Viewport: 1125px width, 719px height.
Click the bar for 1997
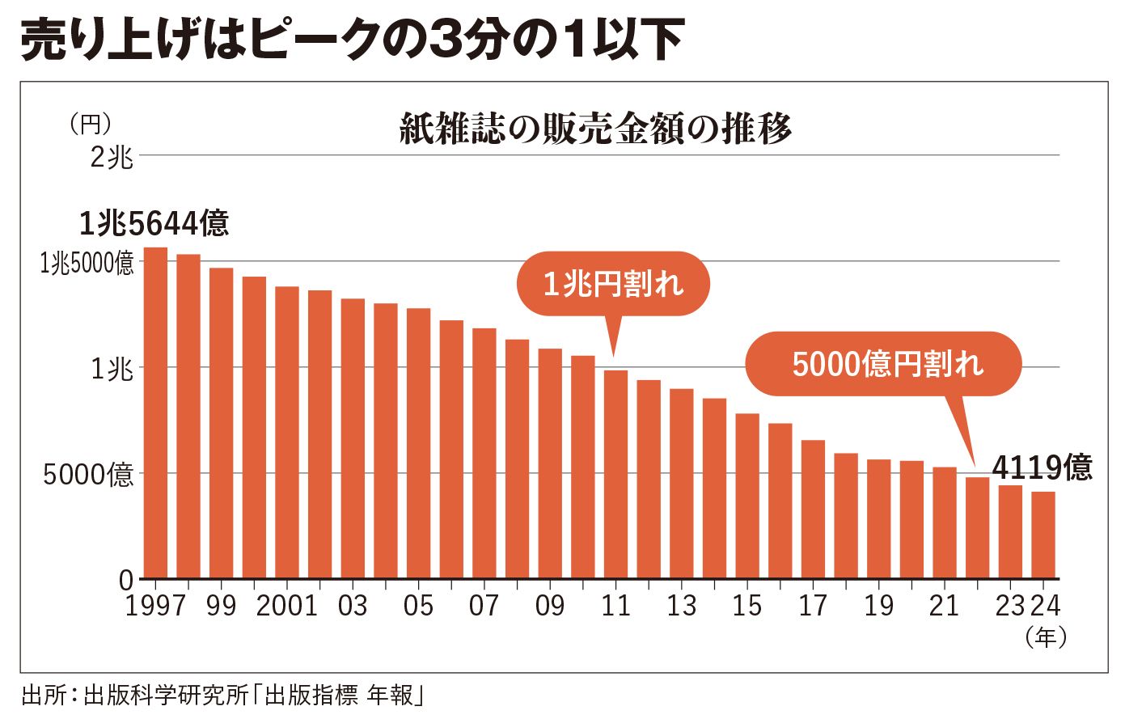[155, 412]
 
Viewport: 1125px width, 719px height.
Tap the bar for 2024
[1043, 535]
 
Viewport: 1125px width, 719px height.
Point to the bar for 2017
[813, 510]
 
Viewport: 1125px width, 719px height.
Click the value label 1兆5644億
[154, 223]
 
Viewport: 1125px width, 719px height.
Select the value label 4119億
[1041, 467]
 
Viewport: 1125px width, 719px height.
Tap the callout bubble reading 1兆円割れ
[612, 284]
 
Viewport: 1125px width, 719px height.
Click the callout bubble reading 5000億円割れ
[886, 364]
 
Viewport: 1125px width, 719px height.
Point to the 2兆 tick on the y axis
[112, 156]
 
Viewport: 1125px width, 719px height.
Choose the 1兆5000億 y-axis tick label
[87, 263]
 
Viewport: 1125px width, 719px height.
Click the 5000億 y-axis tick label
[88, 474]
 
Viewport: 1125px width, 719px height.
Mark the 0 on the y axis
[125, 579]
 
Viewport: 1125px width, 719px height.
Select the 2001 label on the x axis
[286, 606]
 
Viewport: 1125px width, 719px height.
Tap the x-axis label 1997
[155, 606]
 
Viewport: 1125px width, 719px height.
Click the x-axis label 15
[746, 606]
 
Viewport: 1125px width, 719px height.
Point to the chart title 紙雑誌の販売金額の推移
[595, 129]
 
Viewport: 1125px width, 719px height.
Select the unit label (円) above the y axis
[90, 124]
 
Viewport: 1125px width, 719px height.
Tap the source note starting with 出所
[223, 696]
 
